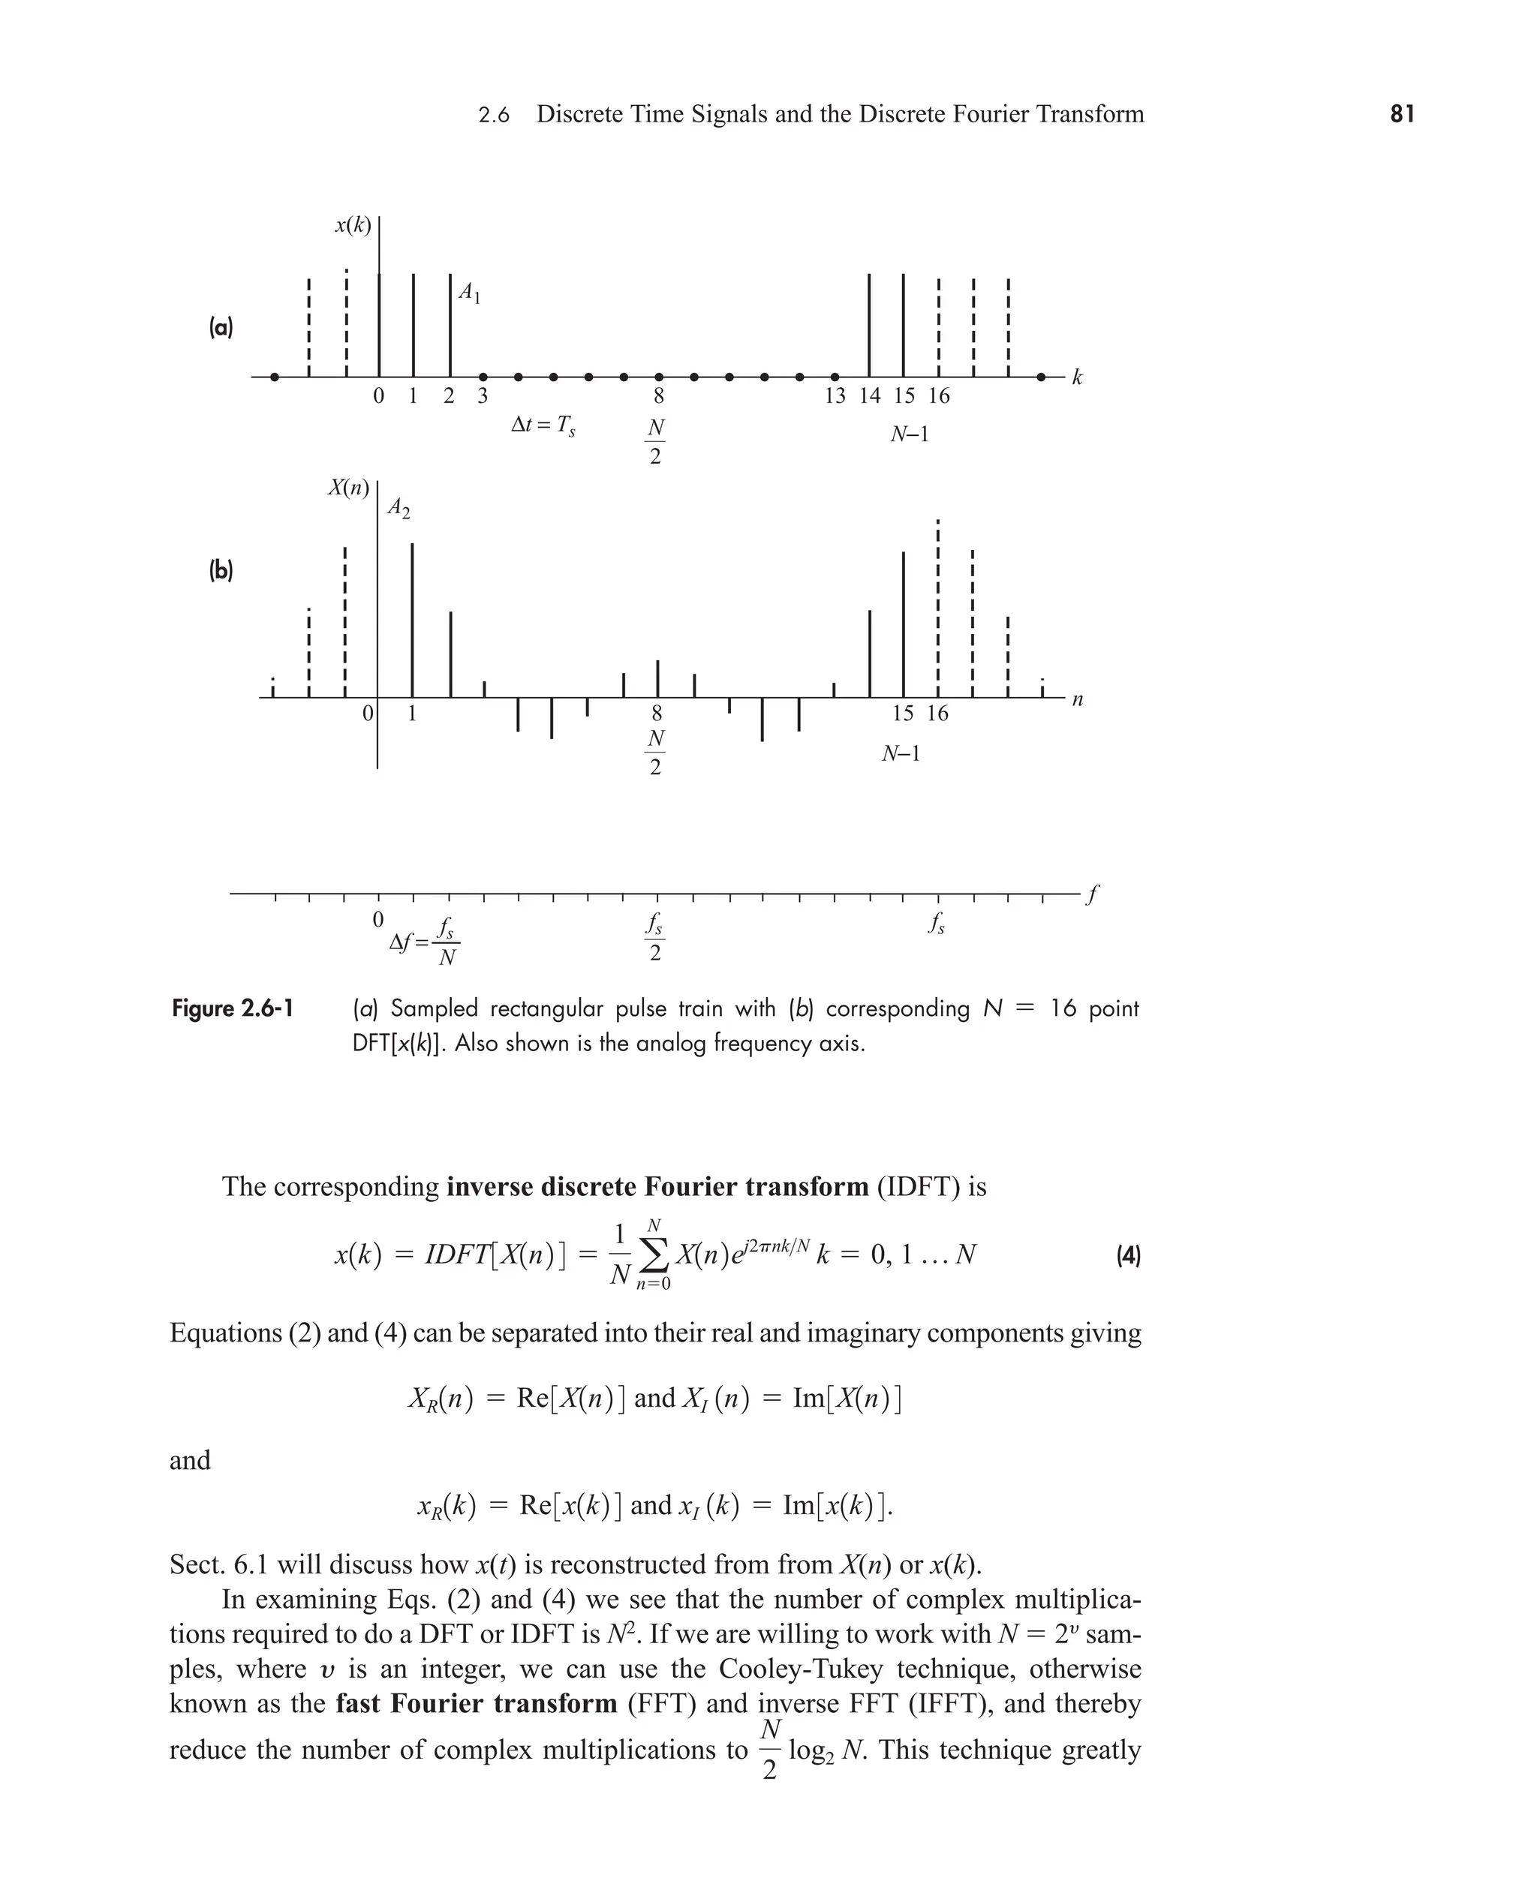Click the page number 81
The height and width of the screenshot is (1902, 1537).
click(1402, 114)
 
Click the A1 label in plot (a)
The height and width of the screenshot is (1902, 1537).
click(469, 292)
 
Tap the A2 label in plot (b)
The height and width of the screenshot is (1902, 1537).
click(399, 508)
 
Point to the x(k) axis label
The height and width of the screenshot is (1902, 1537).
click(353, 225)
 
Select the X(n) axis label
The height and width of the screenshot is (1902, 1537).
click(348, 488)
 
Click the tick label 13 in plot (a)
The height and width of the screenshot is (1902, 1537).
click(834, 396)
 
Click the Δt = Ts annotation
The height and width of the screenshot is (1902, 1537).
click(543, 425)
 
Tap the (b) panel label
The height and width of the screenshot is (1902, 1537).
click(221, 571)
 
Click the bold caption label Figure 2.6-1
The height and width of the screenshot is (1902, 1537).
click(232, 1008)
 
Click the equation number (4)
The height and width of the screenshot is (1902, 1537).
click(1127, 1255)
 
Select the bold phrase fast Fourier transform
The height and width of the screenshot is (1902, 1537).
click(477, 1703)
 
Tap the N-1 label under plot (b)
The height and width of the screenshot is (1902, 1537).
click(901, 754)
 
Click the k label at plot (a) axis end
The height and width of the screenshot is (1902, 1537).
click(1078, 378)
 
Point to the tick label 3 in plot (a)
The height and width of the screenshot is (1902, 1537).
click(483, 396)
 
